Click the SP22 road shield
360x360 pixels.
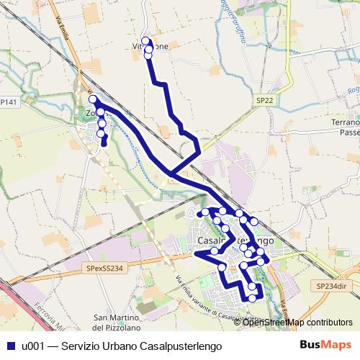[264, 101]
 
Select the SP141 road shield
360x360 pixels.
[8, 103]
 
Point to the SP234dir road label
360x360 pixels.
[331, 286]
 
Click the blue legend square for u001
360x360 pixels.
[11, 346]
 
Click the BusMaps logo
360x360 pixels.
[325, 346]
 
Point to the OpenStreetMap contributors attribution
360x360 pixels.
[297, 323]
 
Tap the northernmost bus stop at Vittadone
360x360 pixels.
[146, 41]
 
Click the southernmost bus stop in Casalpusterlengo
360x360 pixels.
[252, 297]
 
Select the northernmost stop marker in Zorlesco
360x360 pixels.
[93, 99]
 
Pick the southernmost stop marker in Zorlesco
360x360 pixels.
[102, 133]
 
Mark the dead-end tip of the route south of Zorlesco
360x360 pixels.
[104, 145]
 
